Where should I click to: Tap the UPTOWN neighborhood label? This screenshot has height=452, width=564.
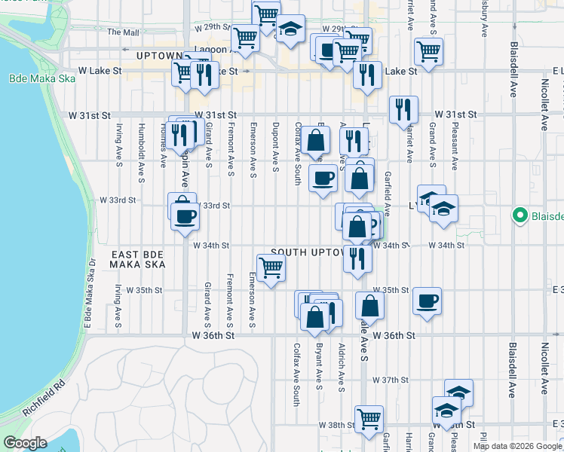tap(160, 56)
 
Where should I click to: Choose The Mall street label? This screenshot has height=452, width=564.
tap(124, 32)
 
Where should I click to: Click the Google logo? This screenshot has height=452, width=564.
tap(25, 442)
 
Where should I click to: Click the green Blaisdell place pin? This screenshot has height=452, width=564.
tap(519, 216)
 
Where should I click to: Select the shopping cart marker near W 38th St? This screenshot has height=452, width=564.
tap(369, 419)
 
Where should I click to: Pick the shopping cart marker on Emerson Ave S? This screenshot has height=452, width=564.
tap(271, 267)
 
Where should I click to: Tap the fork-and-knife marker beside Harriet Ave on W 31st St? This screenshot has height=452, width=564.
tap(404, 110)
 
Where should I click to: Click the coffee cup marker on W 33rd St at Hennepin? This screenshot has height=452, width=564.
tap(184, 217)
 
